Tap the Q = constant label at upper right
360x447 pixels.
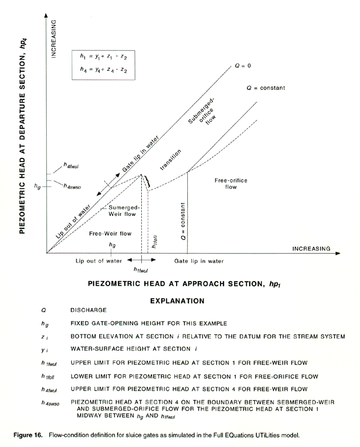tap(266, 88)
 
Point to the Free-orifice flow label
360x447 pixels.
tap(231, 183)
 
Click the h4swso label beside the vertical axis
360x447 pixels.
tap(73, 186)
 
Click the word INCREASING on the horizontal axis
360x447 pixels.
tap(311, 248)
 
